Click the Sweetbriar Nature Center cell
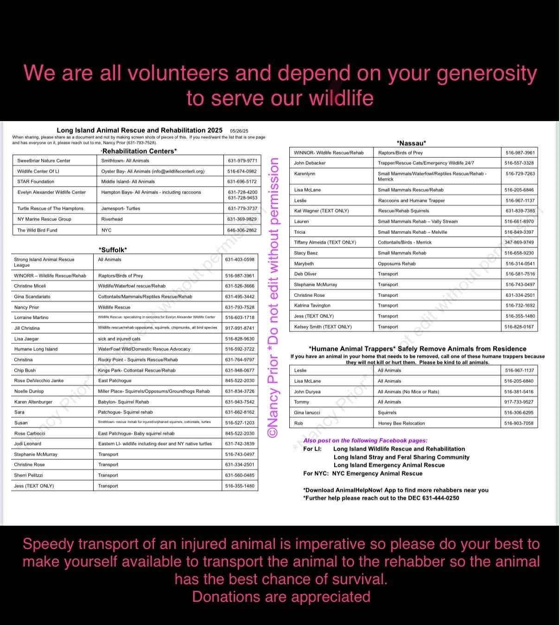[44, 161]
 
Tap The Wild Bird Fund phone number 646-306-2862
[242, 230]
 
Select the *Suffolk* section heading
[113, 250]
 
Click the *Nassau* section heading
[411, 143]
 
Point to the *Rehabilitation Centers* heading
[139, 151]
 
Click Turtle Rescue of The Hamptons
[51, 208]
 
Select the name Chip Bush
[25, 370]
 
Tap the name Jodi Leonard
[28, 444]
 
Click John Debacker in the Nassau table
[310, 163]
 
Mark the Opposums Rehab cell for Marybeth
[397, 264]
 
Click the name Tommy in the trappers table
[301, 402]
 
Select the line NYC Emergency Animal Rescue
[377, 473]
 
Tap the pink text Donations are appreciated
[281, 597]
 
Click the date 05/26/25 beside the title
[239, 131]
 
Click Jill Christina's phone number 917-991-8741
[240, 328]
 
